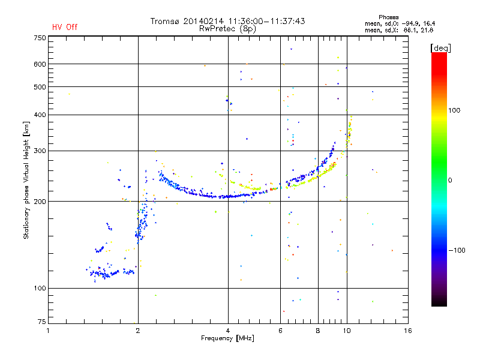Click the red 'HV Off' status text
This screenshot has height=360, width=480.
[x=65, y=27]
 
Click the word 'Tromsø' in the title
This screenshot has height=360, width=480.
[x=164, y=21]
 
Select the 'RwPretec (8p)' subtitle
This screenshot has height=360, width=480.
[x=227, y=29]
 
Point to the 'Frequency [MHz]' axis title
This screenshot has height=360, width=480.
[x=227, y=338]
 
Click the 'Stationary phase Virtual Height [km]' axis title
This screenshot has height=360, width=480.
[x=26, y=180]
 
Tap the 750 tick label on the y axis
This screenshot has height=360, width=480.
[x=40, y=38]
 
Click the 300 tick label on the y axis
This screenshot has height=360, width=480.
[x=40, y=151]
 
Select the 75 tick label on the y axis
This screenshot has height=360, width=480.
[x=42, y=322]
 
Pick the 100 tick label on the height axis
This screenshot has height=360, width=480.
[x=40, y=288]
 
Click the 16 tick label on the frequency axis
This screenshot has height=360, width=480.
[x=408, y=331]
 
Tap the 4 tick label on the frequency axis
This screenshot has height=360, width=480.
[x=228, y=331]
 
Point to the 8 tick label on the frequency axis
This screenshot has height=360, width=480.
[x=318, y=331]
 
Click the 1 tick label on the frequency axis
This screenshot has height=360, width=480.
[x=48, y=331]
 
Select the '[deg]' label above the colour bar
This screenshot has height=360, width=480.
[x=440, y=48]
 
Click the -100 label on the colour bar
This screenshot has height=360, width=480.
[x=457, y=250]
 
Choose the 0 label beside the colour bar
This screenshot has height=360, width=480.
[x=450, y=180]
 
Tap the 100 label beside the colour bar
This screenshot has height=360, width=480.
[x=454, y=110]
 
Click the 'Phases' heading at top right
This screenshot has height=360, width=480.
[x=388, y=17]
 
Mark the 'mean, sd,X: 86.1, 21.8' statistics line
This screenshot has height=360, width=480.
[x=399, y=31]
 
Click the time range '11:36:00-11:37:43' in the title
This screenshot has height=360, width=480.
[x=266, y=21]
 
